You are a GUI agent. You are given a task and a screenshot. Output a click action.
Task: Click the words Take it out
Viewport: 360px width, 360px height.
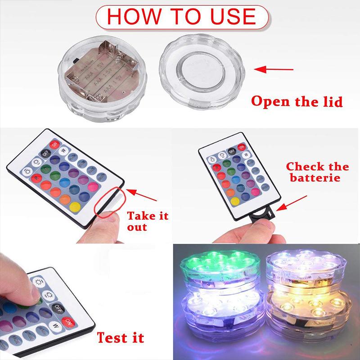pyautogui.click(x=147, y=220)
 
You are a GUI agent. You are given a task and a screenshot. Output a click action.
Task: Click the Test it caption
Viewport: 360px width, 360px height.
pyautogui.click(x=121, y=337)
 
